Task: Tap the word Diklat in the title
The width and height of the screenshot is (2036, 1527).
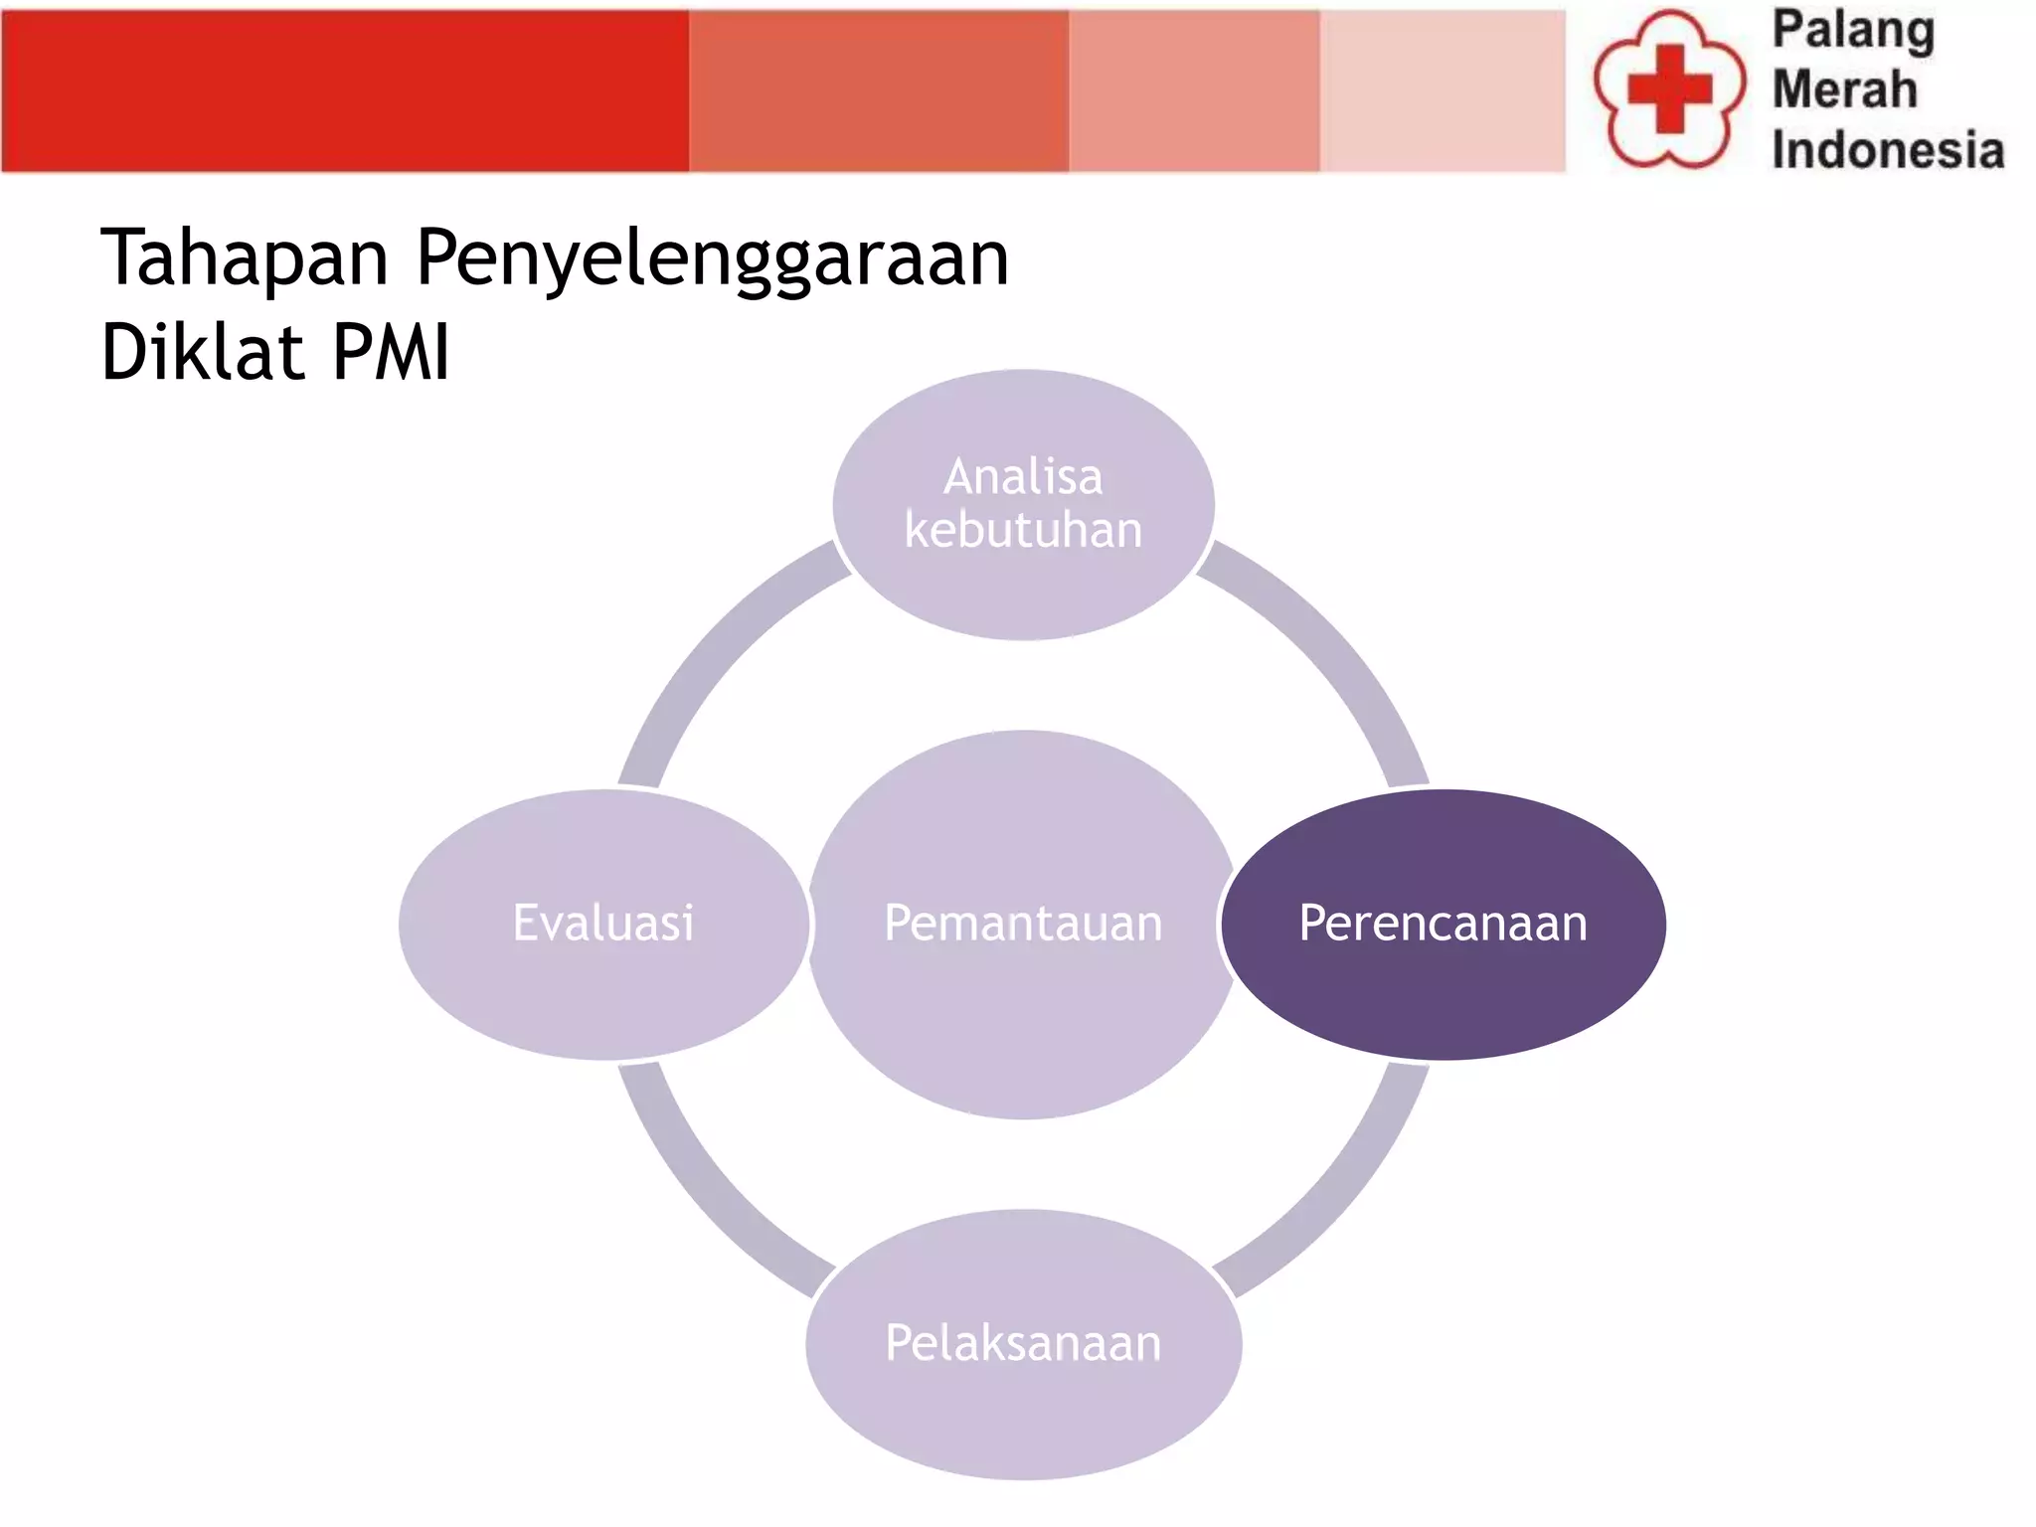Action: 202,352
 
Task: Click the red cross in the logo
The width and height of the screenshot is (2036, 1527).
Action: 1669,88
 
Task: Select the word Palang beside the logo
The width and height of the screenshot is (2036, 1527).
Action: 1853,31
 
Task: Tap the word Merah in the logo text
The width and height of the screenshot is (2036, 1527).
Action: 1844,89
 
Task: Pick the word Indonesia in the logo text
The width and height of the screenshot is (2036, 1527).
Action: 1887,150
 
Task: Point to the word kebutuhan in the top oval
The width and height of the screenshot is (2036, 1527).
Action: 1023,530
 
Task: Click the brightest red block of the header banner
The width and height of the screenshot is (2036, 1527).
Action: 344,91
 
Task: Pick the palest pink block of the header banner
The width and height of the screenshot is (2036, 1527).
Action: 1442,91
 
